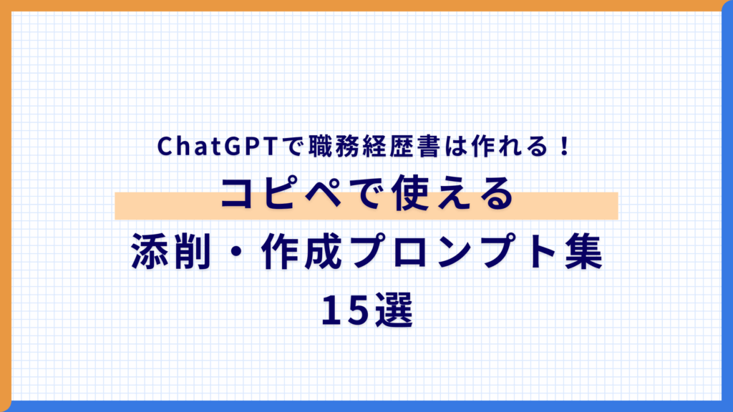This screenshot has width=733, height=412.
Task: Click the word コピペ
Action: [x=275, y=195]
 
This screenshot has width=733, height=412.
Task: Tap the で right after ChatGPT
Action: [x=293, y=147]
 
